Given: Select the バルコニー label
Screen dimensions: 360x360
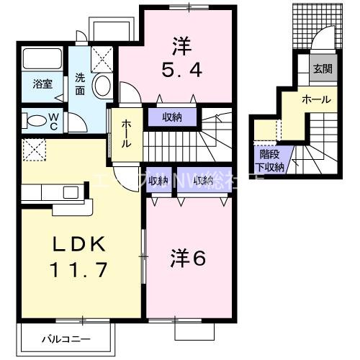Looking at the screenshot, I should point(65,337).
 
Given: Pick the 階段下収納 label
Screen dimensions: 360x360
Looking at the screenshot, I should point(271,161).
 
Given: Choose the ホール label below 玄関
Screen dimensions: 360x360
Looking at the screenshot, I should point(316,99).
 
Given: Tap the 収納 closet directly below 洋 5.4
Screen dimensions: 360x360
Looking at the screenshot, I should point(171,115).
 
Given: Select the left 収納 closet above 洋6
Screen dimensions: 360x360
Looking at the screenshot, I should point(158,181).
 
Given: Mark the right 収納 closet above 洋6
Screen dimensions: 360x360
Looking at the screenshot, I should point(203,181).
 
